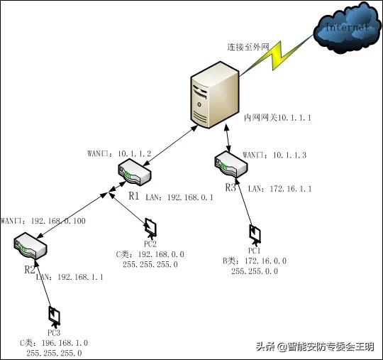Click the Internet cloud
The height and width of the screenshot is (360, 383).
pyautogui.click(x=346, y=28)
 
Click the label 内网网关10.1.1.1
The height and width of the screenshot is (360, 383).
pyautogui.click(x=277, y=116)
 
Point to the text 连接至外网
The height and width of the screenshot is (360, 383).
pyautogui.click(x=248, y=46)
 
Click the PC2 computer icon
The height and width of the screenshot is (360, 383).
pyautogui.click(x=151, y=227)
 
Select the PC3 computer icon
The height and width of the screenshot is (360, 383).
pyautogui.click(x=53, y=315)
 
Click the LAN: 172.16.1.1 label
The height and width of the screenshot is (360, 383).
pyautogui.click(x=280, y=188)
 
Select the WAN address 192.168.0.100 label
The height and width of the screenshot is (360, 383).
pyautogui.click(x=43, y=222)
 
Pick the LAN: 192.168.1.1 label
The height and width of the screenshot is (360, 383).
pyautogui.click(x=70, y=278)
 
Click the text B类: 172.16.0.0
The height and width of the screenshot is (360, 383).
pyautogui.click(x=255, y=261)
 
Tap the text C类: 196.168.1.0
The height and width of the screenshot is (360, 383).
pyautogui.click(x=54, y=342)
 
